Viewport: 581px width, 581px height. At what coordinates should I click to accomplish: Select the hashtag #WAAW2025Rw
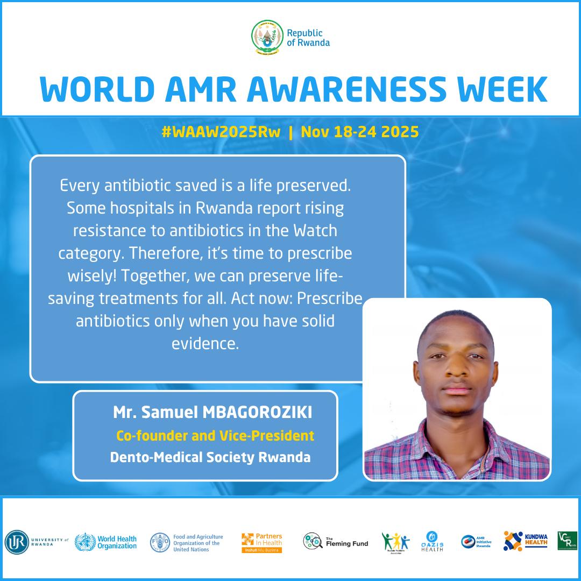click(221, 132)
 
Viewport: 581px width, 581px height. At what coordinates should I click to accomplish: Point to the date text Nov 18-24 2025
click(360, 132)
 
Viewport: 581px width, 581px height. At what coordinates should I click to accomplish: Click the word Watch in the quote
click(315, 230)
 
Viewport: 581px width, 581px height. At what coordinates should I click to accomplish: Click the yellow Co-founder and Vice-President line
click(215, 435)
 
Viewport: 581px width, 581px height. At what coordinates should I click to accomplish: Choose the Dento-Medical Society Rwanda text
click(210, 458)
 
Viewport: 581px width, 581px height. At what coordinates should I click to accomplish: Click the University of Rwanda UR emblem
click(16, 542)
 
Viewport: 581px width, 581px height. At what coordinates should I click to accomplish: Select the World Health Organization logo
click(105, 542)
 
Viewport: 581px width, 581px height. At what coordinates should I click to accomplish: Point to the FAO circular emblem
click(159, 542)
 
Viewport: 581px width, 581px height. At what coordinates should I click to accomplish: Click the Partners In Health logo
click(262, 542)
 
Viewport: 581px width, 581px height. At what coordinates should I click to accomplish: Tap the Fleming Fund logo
click(336, 542)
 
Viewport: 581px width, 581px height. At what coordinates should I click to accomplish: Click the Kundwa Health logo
click(526, 541)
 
